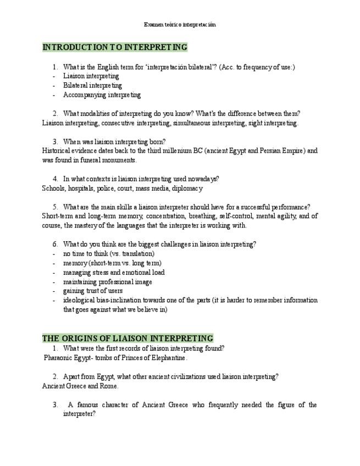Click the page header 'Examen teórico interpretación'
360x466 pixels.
pos(180,25)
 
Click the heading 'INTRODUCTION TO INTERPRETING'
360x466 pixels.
pos(115,47)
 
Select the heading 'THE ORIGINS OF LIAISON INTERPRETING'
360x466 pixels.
pos(128,339)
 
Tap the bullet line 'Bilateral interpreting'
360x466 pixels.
pos(92,86)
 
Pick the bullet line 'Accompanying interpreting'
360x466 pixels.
pos(102,95)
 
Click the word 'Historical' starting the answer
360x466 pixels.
pos(56,151)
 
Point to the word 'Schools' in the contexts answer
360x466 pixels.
pos(53,188)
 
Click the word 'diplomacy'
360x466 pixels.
pos(187,188)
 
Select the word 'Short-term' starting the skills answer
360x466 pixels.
pos(58,217)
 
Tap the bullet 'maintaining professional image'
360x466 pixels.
pos(108,282)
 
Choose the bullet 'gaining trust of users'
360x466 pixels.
pos(93,291)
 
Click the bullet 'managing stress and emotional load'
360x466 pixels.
pos(114,273)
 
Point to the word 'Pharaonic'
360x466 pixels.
pos(60,358)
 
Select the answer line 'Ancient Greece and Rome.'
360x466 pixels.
pos(80,386)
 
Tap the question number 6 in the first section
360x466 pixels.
pos(55,245)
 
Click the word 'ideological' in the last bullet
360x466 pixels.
pos(80,301)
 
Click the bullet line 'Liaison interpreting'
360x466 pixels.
pos(91,76)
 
